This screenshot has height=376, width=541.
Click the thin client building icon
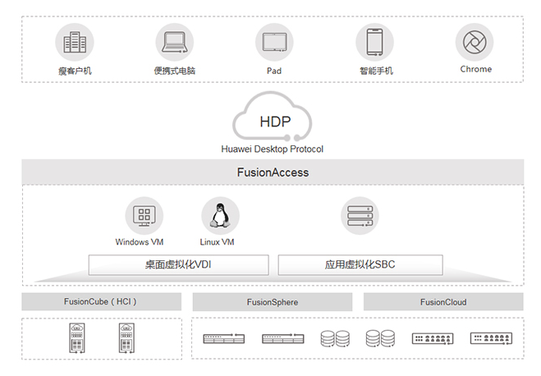pyautogui.click(x=74, y=41)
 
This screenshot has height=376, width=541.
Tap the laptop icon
pyautogui.click(x=174, y=41)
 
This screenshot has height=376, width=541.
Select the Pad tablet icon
pyautogui.click(x=274, y=41)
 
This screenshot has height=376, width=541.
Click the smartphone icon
pyautogui.click(x=374, y=41)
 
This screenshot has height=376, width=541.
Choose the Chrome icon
pyautogui.click(x=475, y=41)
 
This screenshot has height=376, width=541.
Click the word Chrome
pyautogui.click(x=475, y=70)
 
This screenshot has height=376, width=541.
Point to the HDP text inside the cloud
pyautogui.click(x=274, y=122)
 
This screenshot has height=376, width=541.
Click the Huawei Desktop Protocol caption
pyautogui.click(x=273, y=149)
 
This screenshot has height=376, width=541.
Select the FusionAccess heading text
pyautogui.click(x=273, y=173)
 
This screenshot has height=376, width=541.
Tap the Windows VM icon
pyautogui.click(x=144, y=216)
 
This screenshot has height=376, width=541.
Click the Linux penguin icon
pyautogui.click(x=218, y=216)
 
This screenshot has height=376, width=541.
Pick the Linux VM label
pyautogui.click(x=218, y=242)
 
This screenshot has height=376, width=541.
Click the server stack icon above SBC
pyautogui.click(x=360, y=216)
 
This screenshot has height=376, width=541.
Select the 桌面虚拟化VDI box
pyautogui.click(x=178, y=265)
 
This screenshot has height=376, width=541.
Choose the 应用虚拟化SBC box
pyautogui.click(x=360, y=265)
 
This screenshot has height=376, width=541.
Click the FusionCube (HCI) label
pyautogui.click(x=101, y=302)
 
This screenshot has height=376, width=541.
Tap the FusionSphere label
pyautogui.click(x=273, y=302)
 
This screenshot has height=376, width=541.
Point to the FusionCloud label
pyautogui.click(x=443, y=302)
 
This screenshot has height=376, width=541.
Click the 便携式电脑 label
pyautogui.click(x=174, y=71)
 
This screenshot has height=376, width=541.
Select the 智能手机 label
pyautogui.click(x=375, y=71)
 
